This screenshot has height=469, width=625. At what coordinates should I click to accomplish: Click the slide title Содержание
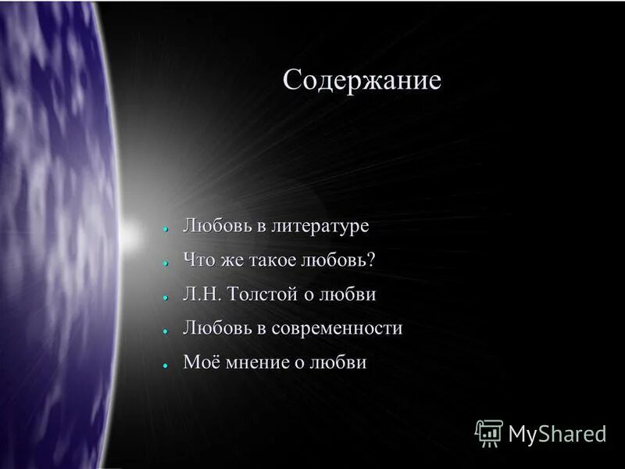click(x=362, y=81)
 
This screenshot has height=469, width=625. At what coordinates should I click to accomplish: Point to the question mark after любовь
click(x=370, y=260)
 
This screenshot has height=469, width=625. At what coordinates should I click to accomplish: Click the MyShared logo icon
click(x=489, y=432)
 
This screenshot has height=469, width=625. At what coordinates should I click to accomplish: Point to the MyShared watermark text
click(x=557, y=434)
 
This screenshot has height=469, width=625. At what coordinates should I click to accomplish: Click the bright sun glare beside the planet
click(x=133, y=233)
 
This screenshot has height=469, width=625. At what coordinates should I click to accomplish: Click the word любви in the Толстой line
click(x=350, y=295)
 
